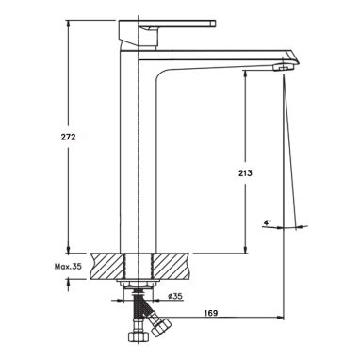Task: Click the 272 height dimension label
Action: (x=68, y=137)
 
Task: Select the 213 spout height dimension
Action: (x=245, y=172)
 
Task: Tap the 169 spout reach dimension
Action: (x=211, y=313)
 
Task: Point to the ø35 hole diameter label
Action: (x=175, y=296)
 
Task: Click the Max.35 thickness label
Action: (x=68, y=267)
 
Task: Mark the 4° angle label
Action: (x=267, y=222)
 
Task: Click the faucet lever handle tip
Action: (x=213, y=24)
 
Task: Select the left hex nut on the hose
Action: (x=139, y=336)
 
